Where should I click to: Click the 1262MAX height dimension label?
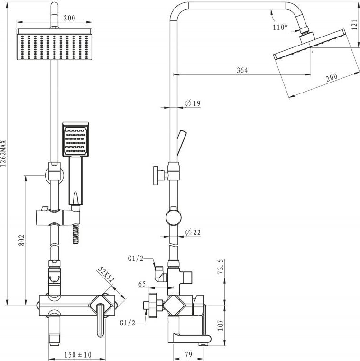[3, 153]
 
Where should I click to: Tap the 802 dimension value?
[21, 240]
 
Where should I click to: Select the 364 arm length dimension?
[242, 70]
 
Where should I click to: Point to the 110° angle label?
[280, 27]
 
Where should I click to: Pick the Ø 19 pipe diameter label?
[193, 103]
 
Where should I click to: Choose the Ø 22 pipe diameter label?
[193, 232]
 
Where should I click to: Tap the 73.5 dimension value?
[221, 267]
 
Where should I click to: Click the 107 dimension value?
[221, 325]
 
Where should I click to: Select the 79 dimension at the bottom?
[188, 355]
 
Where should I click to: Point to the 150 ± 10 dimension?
[78, 355]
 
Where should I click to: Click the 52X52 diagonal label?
[106, 275]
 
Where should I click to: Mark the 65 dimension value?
[142, 284]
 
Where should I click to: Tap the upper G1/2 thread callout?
[136, 259]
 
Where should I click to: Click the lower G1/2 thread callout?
[128, 323]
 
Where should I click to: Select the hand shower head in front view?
[75, 139]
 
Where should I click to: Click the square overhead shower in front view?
[55, 44]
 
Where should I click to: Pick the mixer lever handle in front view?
[101, 320]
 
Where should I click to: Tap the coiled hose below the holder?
[75, 234]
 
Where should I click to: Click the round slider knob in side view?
[174, 217]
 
